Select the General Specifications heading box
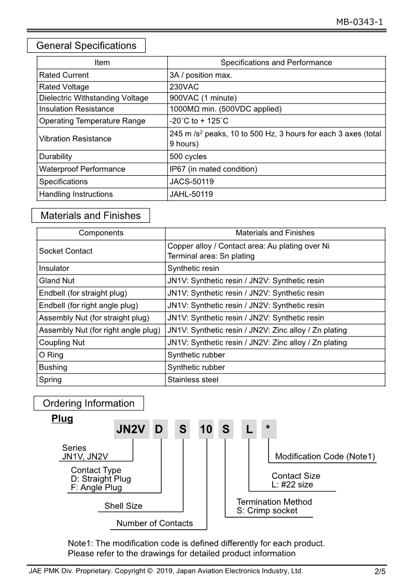(86, 46)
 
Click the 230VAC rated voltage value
(184, 87)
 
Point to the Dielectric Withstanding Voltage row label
(94, 98)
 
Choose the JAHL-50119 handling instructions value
(191, 194)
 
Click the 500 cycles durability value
(188, 157)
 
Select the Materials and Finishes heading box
(91, 216)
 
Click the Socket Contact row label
(66, 251)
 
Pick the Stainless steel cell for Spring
(193, 380)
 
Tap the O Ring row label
(51, 355)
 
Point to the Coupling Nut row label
(62, 343)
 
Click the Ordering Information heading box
(89, 403)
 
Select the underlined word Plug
(62, 419)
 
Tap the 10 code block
(206, 429)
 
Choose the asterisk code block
(268, 429)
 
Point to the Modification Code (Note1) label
(325, 457)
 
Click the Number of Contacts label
(154, 523)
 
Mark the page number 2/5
(380, 572)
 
